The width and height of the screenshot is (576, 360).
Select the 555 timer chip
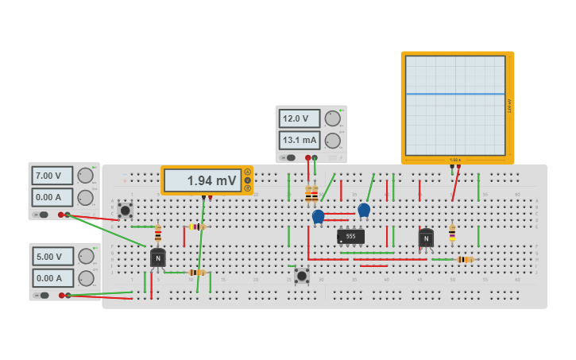point(350,236)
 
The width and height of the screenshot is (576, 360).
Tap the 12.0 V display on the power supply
point(299,118)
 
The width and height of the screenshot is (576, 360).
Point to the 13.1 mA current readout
point(299,141)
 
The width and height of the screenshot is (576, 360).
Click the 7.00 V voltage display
point(52,176)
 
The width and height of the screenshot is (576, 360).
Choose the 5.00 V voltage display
point(52,257)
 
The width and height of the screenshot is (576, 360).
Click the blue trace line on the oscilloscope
point(455,94)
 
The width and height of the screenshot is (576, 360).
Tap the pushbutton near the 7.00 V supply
point(125,210)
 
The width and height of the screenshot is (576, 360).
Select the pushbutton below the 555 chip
point(302,275)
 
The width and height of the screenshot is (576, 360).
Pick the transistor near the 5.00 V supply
point(158,257)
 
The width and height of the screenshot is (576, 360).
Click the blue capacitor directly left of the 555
point(319,216)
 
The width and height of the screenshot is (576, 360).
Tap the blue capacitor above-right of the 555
point(364,210)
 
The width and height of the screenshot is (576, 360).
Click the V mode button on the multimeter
point(247,180)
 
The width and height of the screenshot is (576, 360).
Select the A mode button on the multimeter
point(247,172)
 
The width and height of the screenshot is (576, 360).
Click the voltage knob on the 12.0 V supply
point(332,118)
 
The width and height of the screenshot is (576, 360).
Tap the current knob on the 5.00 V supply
point(85,278)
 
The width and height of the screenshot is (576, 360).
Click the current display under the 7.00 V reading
point(52,197)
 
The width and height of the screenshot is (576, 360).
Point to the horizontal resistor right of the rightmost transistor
point(464,259)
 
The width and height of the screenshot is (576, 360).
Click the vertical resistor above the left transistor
point(158,233)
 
